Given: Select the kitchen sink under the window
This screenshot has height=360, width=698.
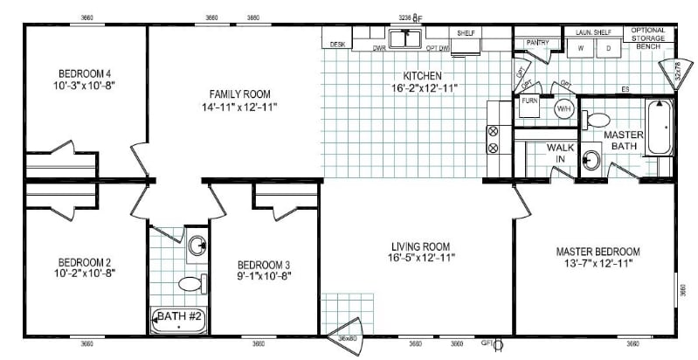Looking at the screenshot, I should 405,38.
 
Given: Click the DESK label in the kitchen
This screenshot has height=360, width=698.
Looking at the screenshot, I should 335,44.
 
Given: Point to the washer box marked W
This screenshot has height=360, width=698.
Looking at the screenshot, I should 581,49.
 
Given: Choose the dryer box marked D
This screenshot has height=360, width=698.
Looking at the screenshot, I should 609,49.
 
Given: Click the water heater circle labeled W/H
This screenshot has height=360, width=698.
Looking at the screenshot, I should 563,108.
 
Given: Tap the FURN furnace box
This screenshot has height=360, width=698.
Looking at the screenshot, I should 530,101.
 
